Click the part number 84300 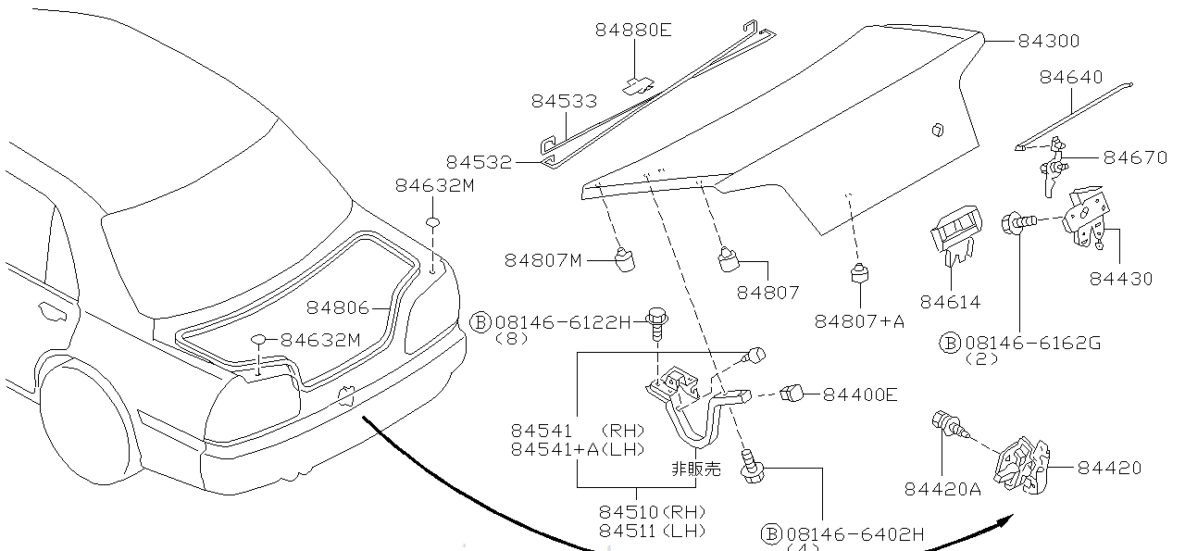coord(1049,42)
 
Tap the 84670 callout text coord(1136,158)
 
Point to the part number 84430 coord(1121,279)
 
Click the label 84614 coord(950,302)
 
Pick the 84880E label coord(633,31)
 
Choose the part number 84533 coord(564,101)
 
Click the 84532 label coord(479,162)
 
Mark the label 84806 coord(339,307)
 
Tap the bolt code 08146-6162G coord(1032,344)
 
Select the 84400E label coord(860,395)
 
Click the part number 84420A coord(942,487)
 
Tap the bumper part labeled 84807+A coord(860,275)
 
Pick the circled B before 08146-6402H coord(771,533)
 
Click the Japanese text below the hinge coord(695,469)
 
